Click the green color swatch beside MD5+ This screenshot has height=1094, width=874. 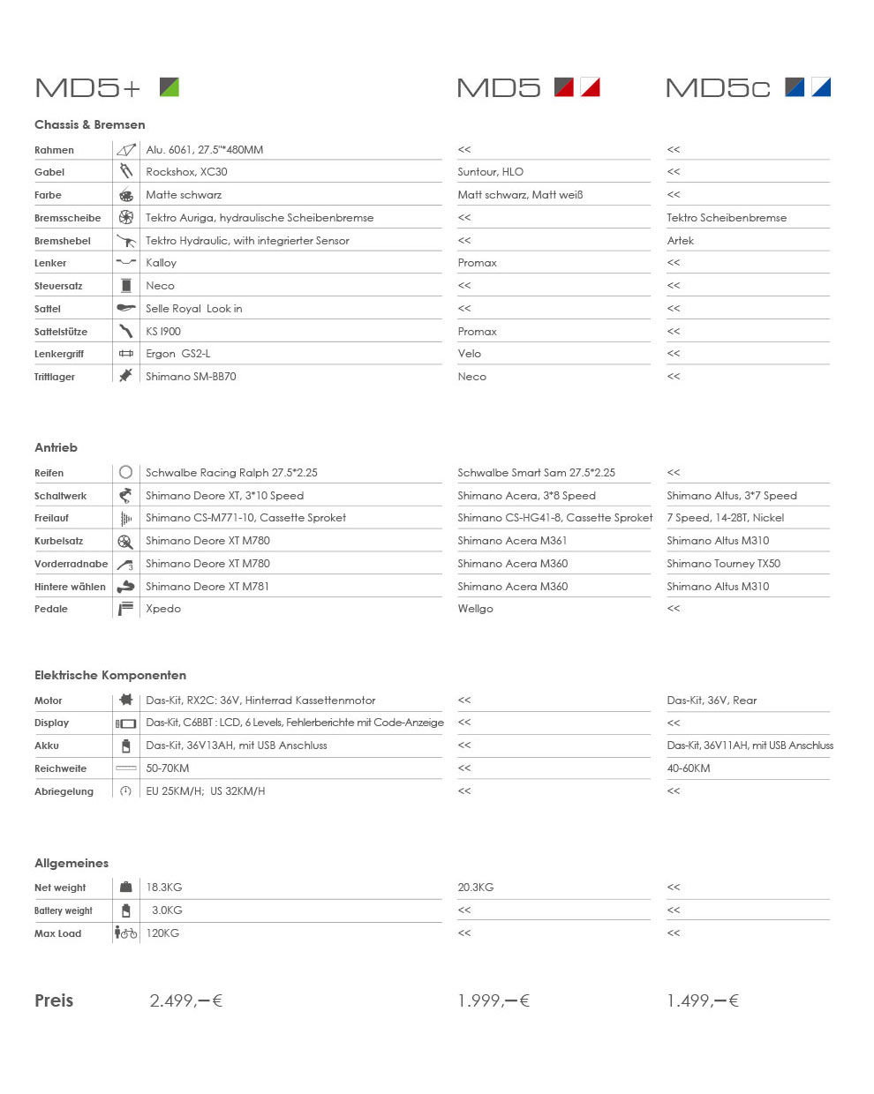click(x=170, y=86)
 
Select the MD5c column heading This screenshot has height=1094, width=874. click(x=717, y=88)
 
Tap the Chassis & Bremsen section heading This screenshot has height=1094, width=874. click(x=89, y=124)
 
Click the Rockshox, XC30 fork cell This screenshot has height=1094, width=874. click(x=186, y=172)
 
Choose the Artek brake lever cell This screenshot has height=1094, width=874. click(x=680, y=241)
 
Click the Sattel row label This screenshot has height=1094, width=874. click(x=48, y=309)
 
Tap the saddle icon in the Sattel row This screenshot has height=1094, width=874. click(x=126, y=308)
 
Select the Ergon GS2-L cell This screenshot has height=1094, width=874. click(x=177, y=354)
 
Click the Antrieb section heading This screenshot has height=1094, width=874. click(x=56, y=447)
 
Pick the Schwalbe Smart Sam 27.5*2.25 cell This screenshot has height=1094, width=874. click(x=536, y=473)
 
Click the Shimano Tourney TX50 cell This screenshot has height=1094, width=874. click(x=723, y=564)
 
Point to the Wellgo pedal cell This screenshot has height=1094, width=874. click(x=475, y=609)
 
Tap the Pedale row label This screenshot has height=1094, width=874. click(x=51, y=609)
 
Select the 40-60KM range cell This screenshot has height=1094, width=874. click(x=689, y=768)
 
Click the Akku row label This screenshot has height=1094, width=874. click(x=47, y=746)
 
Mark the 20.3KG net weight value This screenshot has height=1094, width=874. click(x=475, y=888)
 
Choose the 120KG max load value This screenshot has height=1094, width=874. click(x=162, y=933)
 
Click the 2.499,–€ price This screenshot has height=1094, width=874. click(x=185, y=1000)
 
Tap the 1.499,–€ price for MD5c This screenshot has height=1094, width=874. click(x=703, y=1000)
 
